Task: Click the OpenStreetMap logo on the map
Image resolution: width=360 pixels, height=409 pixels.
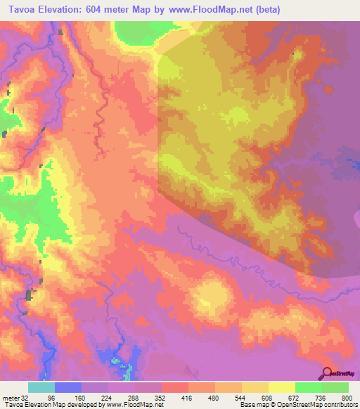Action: point(340,374)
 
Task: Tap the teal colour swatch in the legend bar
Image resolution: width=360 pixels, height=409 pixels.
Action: point(41,387)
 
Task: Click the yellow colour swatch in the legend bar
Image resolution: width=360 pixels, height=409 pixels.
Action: point(282,387)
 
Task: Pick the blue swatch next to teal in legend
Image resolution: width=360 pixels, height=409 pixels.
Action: point(68,387)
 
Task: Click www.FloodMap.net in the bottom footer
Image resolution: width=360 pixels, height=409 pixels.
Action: point(134,404)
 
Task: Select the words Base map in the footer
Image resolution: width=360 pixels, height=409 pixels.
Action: point(250,404)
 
